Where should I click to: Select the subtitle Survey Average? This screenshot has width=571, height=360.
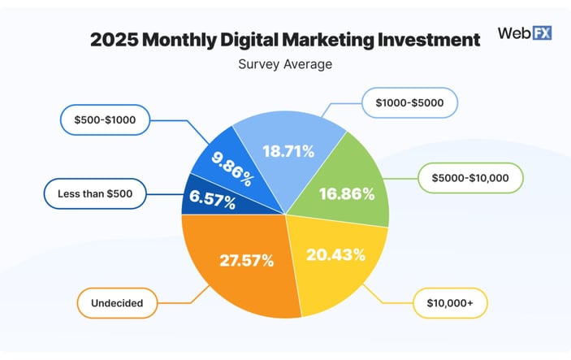[284, 64]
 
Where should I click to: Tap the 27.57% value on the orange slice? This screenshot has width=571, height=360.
[246, 261]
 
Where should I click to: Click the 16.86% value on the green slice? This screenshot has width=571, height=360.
[347, 193]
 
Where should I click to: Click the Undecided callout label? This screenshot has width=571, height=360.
[117, 304]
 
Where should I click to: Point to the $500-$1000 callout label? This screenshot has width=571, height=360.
[103, 120]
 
